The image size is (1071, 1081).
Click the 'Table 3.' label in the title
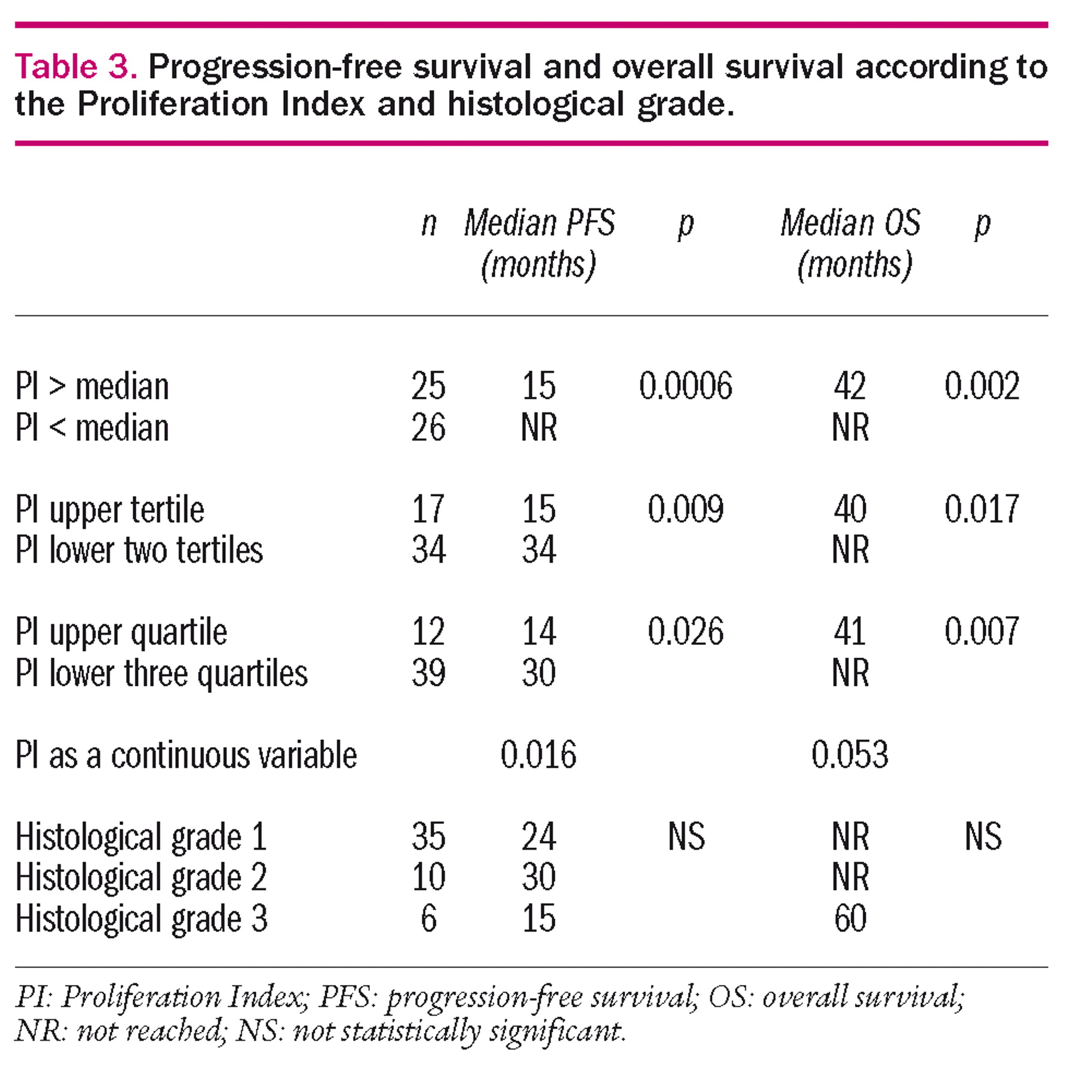point(76,66)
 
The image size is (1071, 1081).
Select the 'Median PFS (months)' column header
point(539,244)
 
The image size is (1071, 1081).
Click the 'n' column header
point(428,224)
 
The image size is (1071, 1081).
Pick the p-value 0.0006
point(685,386)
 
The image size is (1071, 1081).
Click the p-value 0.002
point(982,386)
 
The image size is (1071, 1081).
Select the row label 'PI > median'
point(92,386)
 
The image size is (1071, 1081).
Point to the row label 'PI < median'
point(92,428)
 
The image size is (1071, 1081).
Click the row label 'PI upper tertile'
point(110,509)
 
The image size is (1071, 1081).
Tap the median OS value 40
point(850,509)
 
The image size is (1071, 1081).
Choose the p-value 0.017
point(982,509)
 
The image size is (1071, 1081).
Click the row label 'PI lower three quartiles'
point(161,673)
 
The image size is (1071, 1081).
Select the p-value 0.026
point(685,632)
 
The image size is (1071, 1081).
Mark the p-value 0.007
point(982,632)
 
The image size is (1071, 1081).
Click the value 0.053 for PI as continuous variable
point(849,754)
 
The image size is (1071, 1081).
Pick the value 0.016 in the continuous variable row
point(539,754)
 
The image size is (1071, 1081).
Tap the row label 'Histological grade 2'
point(141,877)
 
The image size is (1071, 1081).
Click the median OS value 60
point(850,918)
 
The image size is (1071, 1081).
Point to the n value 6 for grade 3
point(428,918)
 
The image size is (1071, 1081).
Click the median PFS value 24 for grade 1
point(539,837)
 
